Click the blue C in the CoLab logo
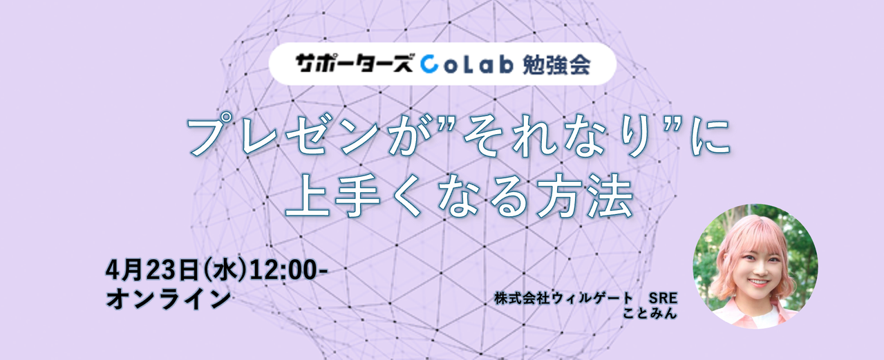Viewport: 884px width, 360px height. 429,64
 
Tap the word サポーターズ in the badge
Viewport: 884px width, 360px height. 355,64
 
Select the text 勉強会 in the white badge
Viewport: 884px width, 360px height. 556,64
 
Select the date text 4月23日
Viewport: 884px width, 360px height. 151,271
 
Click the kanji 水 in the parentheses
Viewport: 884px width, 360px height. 224,271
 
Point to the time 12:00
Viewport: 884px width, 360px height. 284,271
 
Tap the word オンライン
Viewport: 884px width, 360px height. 168,299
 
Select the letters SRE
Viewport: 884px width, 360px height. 664,299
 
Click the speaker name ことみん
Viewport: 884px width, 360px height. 650,312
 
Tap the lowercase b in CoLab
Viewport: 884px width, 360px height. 505,64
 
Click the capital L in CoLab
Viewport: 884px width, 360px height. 462,64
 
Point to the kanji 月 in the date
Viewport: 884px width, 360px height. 130,271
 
